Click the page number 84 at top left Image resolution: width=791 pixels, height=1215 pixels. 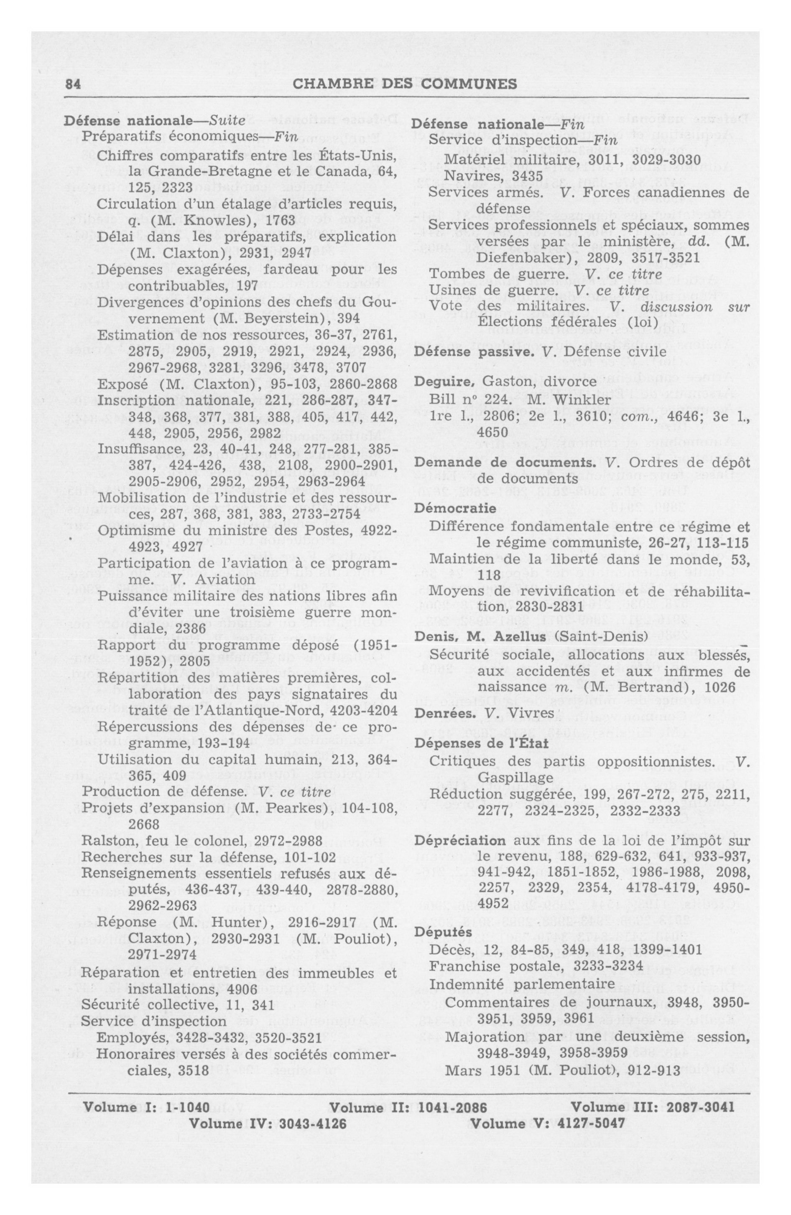[x=73, y=84]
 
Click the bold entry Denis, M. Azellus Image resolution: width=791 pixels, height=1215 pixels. [x=479, y=638]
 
